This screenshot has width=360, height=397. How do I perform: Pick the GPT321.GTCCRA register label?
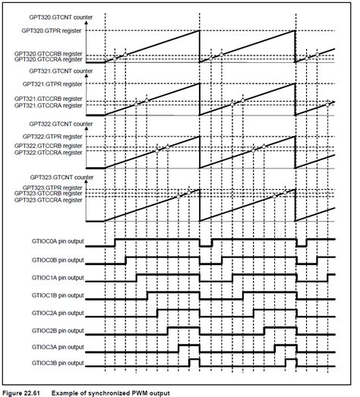point(52,106)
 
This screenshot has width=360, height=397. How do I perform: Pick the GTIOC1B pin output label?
point(55,296)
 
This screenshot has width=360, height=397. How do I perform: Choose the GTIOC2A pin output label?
point(55,313)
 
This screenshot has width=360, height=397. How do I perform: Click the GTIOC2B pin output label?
point(55,330)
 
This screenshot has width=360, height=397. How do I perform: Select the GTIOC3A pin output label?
point(55,347)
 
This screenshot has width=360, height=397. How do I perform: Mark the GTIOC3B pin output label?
point(55,364)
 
